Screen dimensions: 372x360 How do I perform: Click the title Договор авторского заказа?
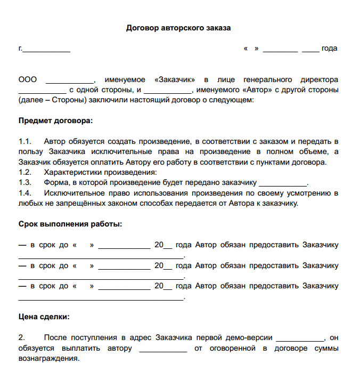click(178, 28)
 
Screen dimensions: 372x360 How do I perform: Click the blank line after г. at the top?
click(46, 50)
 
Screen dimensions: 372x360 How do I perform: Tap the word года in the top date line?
click(329, 48)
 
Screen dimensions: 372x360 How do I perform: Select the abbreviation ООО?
click(28, 79)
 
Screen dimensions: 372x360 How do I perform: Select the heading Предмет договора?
click(55, 120)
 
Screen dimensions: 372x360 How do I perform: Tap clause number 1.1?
click(25, 141)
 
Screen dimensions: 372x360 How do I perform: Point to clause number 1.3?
click(25, 182)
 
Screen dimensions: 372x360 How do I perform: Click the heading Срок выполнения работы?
click(70, 224)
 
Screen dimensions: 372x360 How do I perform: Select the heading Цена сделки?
click(44, 317)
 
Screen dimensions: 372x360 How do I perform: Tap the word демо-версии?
click(249, 338)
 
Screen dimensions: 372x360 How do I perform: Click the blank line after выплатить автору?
click(163, 349)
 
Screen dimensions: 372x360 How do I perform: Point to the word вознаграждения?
click(48, 359)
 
